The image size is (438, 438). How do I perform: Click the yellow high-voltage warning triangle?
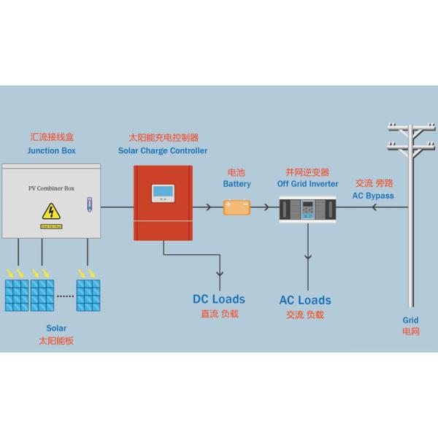tap(50, 212)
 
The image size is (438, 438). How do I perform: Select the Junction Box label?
tap(51, 150)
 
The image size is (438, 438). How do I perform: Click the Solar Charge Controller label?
tap(163, 150)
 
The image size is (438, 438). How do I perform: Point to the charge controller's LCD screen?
tap(163, 194)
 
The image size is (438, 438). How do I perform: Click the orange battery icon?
tap(237, 207)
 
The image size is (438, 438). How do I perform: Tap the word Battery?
tap(237, 184)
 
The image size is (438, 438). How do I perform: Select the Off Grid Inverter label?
tap(307, 184)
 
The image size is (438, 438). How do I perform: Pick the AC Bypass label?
tap(374, 196)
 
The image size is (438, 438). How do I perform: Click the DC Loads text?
tap(219, 299)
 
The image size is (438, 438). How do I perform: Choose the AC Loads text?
tap(305, 300)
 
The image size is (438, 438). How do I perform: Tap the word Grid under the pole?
tap(410, 320)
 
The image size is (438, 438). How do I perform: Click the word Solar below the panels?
tap(55, 328)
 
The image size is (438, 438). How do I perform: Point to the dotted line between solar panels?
tap(66, 296)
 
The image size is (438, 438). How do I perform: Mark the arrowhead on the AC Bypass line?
tap(374, 207)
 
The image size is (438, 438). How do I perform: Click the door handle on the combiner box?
tap(89, 204)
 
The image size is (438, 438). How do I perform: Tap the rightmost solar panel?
tap(88, 295)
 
